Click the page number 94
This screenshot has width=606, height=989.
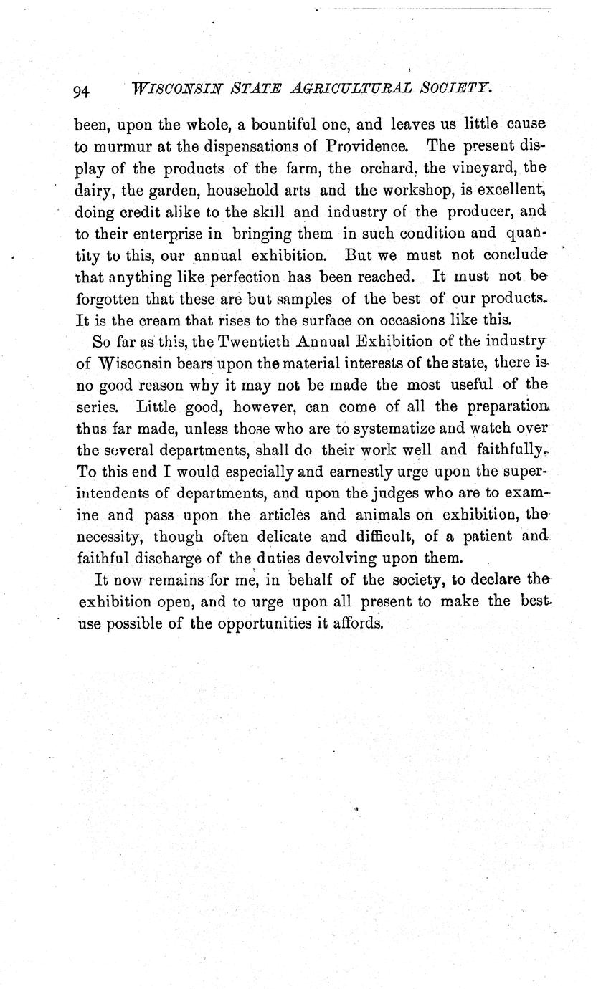[80, 91]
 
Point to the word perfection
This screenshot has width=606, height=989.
[243, 277]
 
